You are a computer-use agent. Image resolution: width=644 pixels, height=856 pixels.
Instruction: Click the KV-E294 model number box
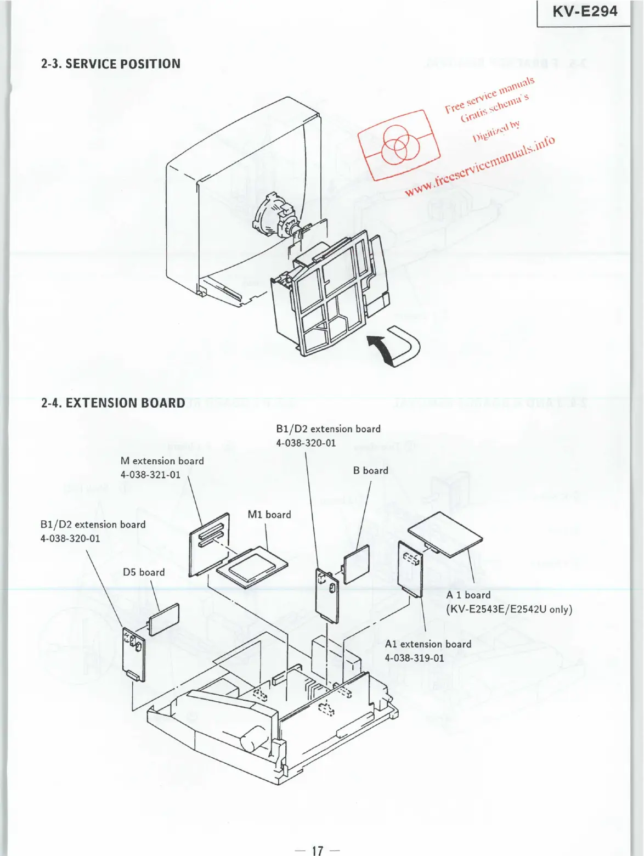click(584, 12)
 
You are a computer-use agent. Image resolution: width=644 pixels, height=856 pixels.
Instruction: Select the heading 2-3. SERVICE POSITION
click(111, 64)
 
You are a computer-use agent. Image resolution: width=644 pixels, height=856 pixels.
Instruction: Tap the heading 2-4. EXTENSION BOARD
click(113, 403)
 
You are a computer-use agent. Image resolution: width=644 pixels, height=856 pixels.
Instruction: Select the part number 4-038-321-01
click(150, 475)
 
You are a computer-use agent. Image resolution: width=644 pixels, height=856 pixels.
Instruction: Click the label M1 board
click(269, 515)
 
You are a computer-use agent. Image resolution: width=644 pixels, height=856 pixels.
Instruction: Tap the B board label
click(370, 471)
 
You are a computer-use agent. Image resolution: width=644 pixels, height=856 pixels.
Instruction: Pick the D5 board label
click(144, 572)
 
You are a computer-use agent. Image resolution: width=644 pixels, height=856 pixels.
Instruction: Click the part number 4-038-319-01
click(414, 658)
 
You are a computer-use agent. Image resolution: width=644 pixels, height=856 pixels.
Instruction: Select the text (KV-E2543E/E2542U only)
click(509, 610)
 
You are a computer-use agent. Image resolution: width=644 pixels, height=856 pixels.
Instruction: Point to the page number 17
click(318, 851)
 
